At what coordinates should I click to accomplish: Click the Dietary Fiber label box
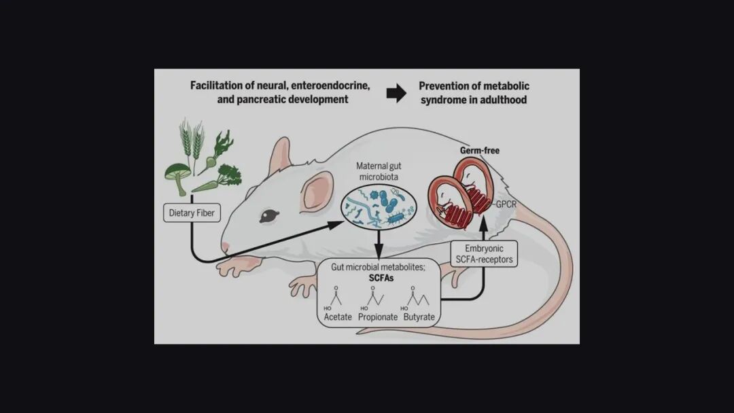pos(192,213)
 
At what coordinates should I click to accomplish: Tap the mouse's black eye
pos(270,216)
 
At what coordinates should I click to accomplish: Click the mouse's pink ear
pos(318,190)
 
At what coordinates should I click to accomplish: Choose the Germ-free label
pos(481,151)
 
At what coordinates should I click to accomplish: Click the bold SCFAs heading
pos(378,279)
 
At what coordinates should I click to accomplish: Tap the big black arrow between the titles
pos(396,93)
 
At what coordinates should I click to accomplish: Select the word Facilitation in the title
pos(217,86)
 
